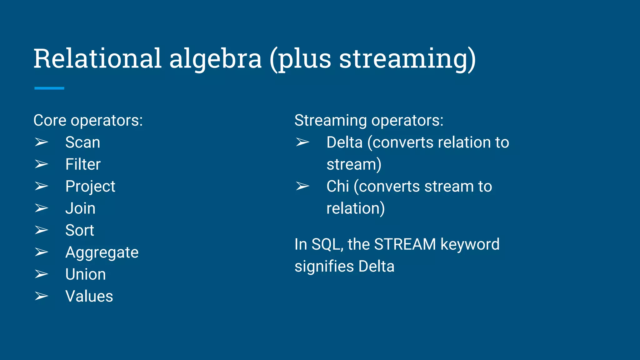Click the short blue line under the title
(49, 88)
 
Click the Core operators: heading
(88, 120)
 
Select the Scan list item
(82, 142)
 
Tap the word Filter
(83, 164)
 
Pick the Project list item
(90, 187)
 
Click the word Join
(80, 208)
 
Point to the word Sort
(80, 230)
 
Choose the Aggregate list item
(102, 252)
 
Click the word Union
(85, 274)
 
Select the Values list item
(89, 296)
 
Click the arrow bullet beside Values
(41, 296)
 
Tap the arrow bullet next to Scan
(41, 142)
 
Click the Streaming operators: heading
(369, 120)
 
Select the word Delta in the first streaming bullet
(344, 142)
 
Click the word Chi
(337, 187)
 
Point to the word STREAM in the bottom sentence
(405, 244)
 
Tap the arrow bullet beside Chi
(302, 186)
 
